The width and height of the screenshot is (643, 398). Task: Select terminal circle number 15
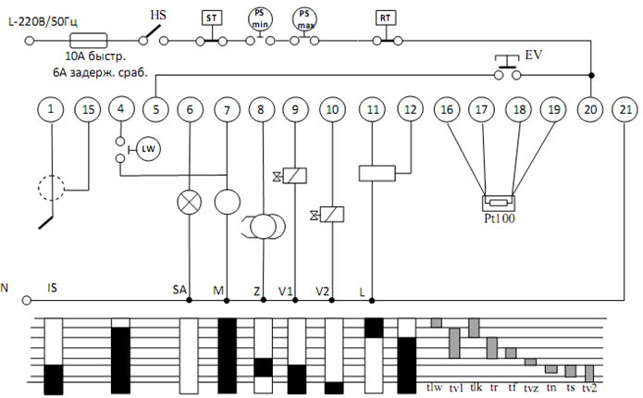pos(88,109)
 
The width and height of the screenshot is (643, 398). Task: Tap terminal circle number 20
pos(589,109)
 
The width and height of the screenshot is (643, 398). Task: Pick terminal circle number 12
pos(410,109)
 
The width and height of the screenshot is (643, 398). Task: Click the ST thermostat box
pos(211,19)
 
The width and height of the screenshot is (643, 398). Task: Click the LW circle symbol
pos(148,148)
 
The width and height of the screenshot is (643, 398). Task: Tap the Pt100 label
pos(499,220)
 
